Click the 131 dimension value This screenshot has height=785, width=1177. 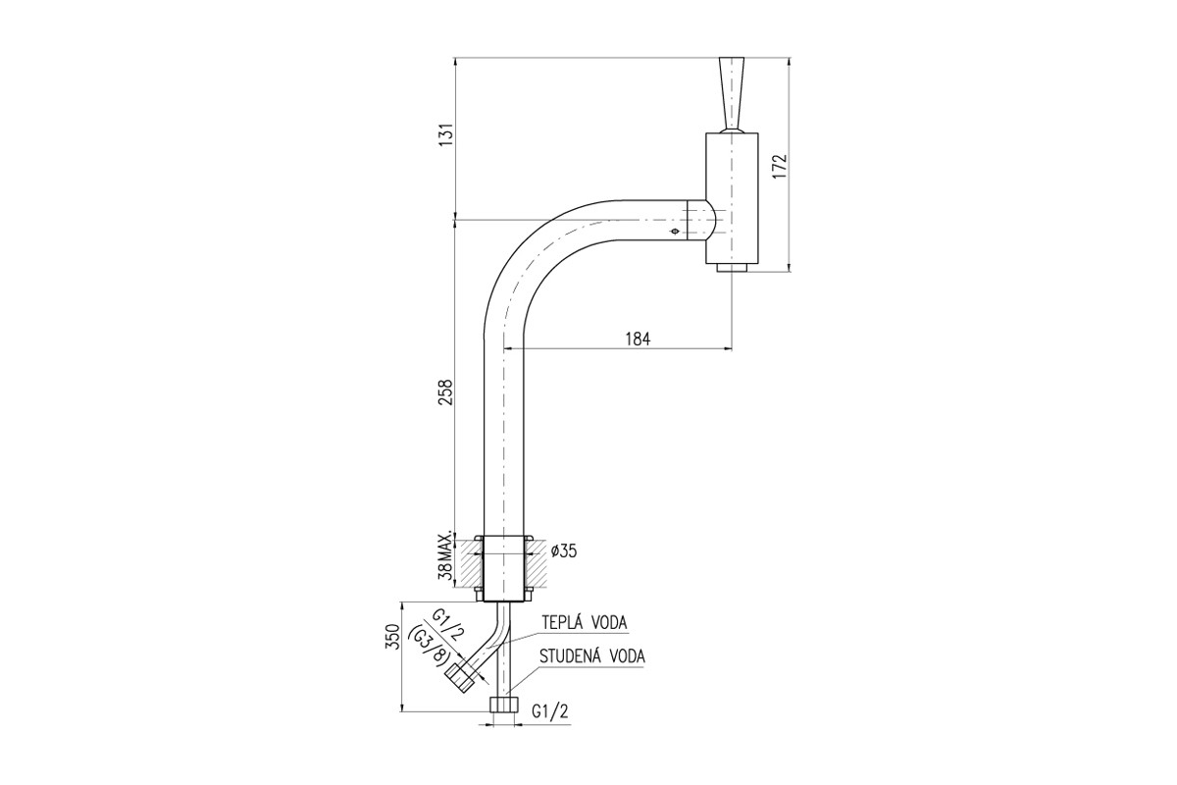point(446,135)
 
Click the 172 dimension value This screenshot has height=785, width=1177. point(780,166)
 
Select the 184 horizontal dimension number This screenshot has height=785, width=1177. point(638,340)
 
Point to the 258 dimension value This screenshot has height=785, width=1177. point(446,392)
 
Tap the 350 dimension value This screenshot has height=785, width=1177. point(393,637)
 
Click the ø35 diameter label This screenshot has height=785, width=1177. point(564,551)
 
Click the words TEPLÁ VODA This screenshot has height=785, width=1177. point(585,622)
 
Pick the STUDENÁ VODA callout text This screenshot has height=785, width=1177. point(592,656)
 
